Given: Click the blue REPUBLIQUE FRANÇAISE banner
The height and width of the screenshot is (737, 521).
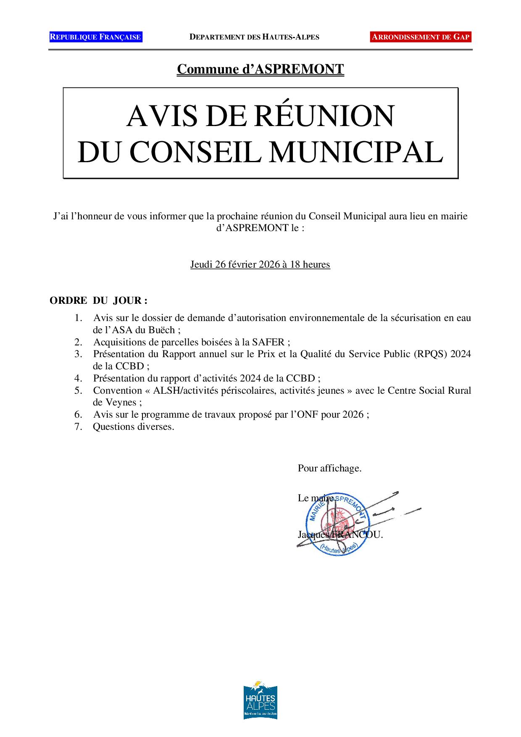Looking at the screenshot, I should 95,37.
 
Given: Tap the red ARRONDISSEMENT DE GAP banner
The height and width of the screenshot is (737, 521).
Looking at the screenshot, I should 421,37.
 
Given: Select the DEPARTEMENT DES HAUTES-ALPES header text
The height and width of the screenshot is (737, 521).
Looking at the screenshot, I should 254,37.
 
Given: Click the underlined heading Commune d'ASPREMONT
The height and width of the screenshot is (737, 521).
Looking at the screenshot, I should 260,69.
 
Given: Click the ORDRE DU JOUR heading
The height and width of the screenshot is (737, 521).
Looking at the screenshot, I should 98,301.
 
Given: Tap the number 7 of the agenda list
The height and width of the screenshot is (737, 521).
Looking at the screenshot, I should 78,427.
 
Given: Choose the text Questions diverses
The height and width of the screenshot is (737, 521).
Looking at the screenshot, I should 133,427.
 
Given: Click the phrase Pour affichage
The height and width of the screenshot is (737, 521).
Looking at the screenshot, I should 329,468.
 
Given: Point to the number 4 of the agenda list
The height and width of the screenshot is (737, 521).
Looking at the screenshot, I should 78,378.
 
